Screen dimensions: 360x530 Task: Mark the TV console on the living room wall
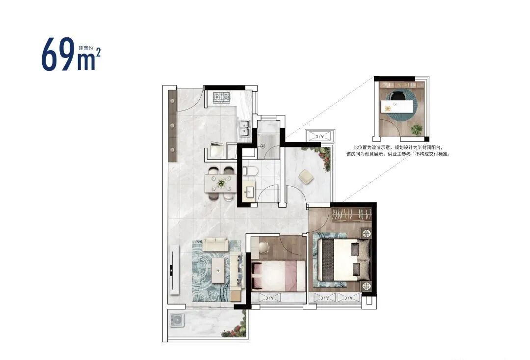pos(174,269)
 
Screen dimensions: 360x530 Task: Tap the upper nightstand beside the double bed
pos(366,233)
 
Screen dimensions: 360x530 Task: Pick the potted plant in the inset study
pos(417,130)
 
